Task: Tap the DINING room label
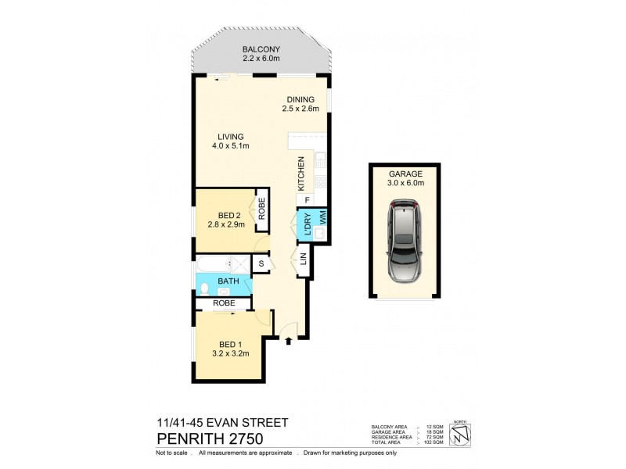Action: pyautogui.click(x=300, y=99)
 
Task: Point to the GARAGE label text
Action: pyautogui.click(x=405, y=174)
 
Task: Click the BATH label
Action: pyautogui.click(x=228, y=281)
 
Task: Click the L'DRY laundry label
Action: pyautogui.click(x=308, y=224)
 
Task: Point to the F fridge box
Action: pyautogui.click(x=307, y=201)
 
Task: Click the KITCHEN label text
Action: pyautogui.click(x=300, y=174)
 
